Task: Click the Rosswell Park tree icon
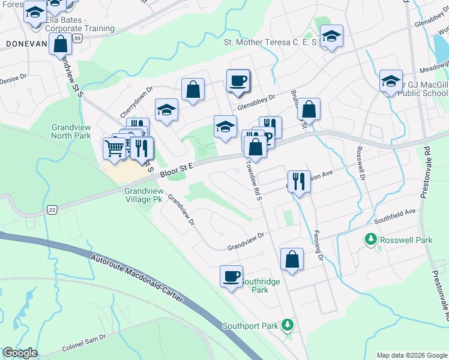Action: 371,240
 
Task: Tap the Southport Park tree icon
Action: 288,325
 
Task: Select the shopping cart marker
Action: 114,147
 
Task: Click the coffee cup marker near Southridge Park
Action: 232,277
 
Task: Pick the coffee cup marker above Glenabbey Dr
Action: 238,80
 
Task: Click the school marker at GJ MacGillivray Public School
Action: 391,81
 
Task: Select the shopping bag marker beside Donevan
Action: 60,44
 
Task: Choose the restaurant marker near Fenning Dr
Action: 298,181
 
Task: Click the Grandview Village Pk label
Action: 143,194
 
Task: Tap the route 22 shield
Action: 52,209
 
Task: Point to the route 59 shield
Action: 78,38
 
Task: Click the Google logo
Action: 20,353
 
